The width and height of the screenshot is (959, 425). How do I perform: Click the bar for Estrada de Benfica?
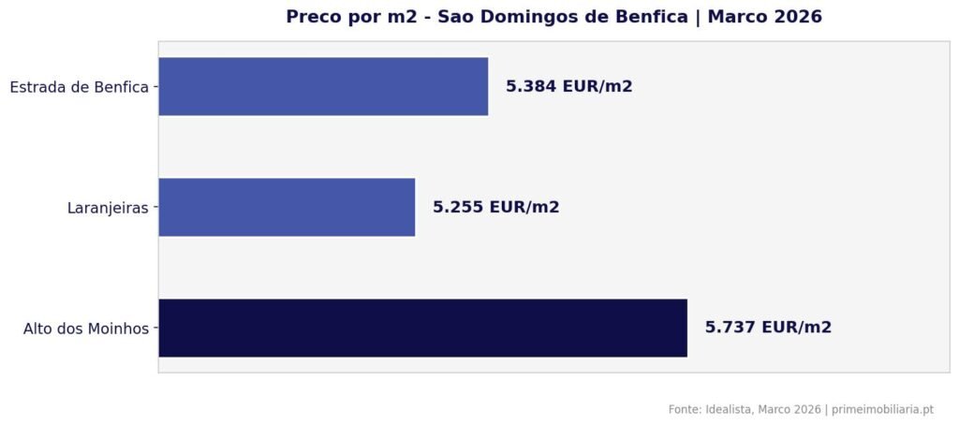pyautogui.click(x=323, y=86)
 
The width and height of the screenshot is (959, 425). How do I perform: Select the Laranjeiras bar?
pyautogui.click(x=287, y=207)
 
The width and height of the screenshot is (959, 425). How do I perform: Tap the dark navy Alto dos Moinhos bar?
pyautogui.click(x=422, y=328)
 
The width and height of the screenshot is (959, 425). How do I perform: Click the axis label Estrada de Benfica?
pyautogui.click(x=79, y=87)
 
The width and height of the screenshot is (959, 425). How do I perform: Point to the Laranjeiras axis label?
pyautogui.click(x=108, y=208)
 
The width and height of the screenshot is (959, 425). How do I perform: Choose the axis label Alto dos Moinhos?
pyautogui.click(x=86, y=329)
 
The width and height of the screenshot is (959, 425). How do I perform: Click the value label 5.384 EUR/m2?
pyautogui.click(x=568, y=86)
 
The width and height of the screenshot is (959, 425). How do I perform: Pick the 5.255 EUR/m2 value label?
pyautogui.click(x=495, y=207)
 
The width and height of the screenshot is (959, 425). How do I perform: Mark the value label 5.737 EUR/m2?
pyautogui.click(x=768, y=328)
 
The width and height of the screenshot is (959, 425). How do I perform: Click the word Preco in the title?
pyautogui.click(x=313, y=17)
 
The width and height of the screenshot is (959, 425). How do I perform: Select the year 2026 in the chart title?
pyautogui.click(x=796, y=17)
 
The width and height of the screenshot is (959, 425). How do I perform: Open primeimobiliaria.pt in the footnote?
pyautogui.click(x=882, y=409)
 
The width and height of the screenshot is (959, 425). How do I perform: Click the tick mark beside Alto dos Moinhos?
pyautogui.click(x=155, y=328)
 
